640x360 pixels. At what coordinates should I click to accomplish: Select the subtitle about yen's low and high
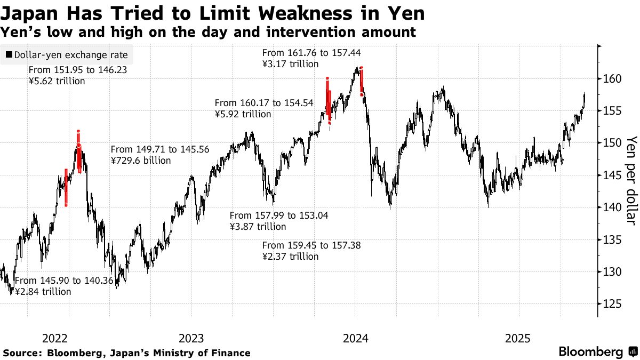click(x=208, y=33)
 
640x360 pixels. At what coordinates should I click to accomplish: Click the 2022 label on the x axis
click(x=54, y=338)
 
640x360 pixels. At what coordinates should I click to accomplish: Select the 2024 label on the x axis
click(x=355, y=338)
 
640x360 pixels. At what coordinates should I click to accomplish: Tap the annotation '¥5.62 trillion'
click(x=57, y=81)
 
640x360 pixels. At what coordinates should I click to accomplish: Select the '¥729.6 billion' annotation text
click(x=141, y=160)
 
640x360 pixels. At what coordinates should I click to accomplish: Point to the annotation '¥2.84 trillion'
click(x=43, y=292)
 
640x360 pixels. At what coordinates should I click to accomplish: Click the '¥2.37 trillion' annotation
click(x=291, y=256)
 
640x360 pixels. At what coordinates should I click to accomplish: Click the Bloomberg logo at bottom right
click(x=597, y=352)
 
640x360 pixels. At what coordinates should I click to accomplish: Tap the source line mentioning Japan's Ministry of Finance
click(x=126, y=353)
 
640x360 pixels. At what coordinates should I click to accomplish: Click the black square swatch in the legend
click(x=9, y=55)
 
